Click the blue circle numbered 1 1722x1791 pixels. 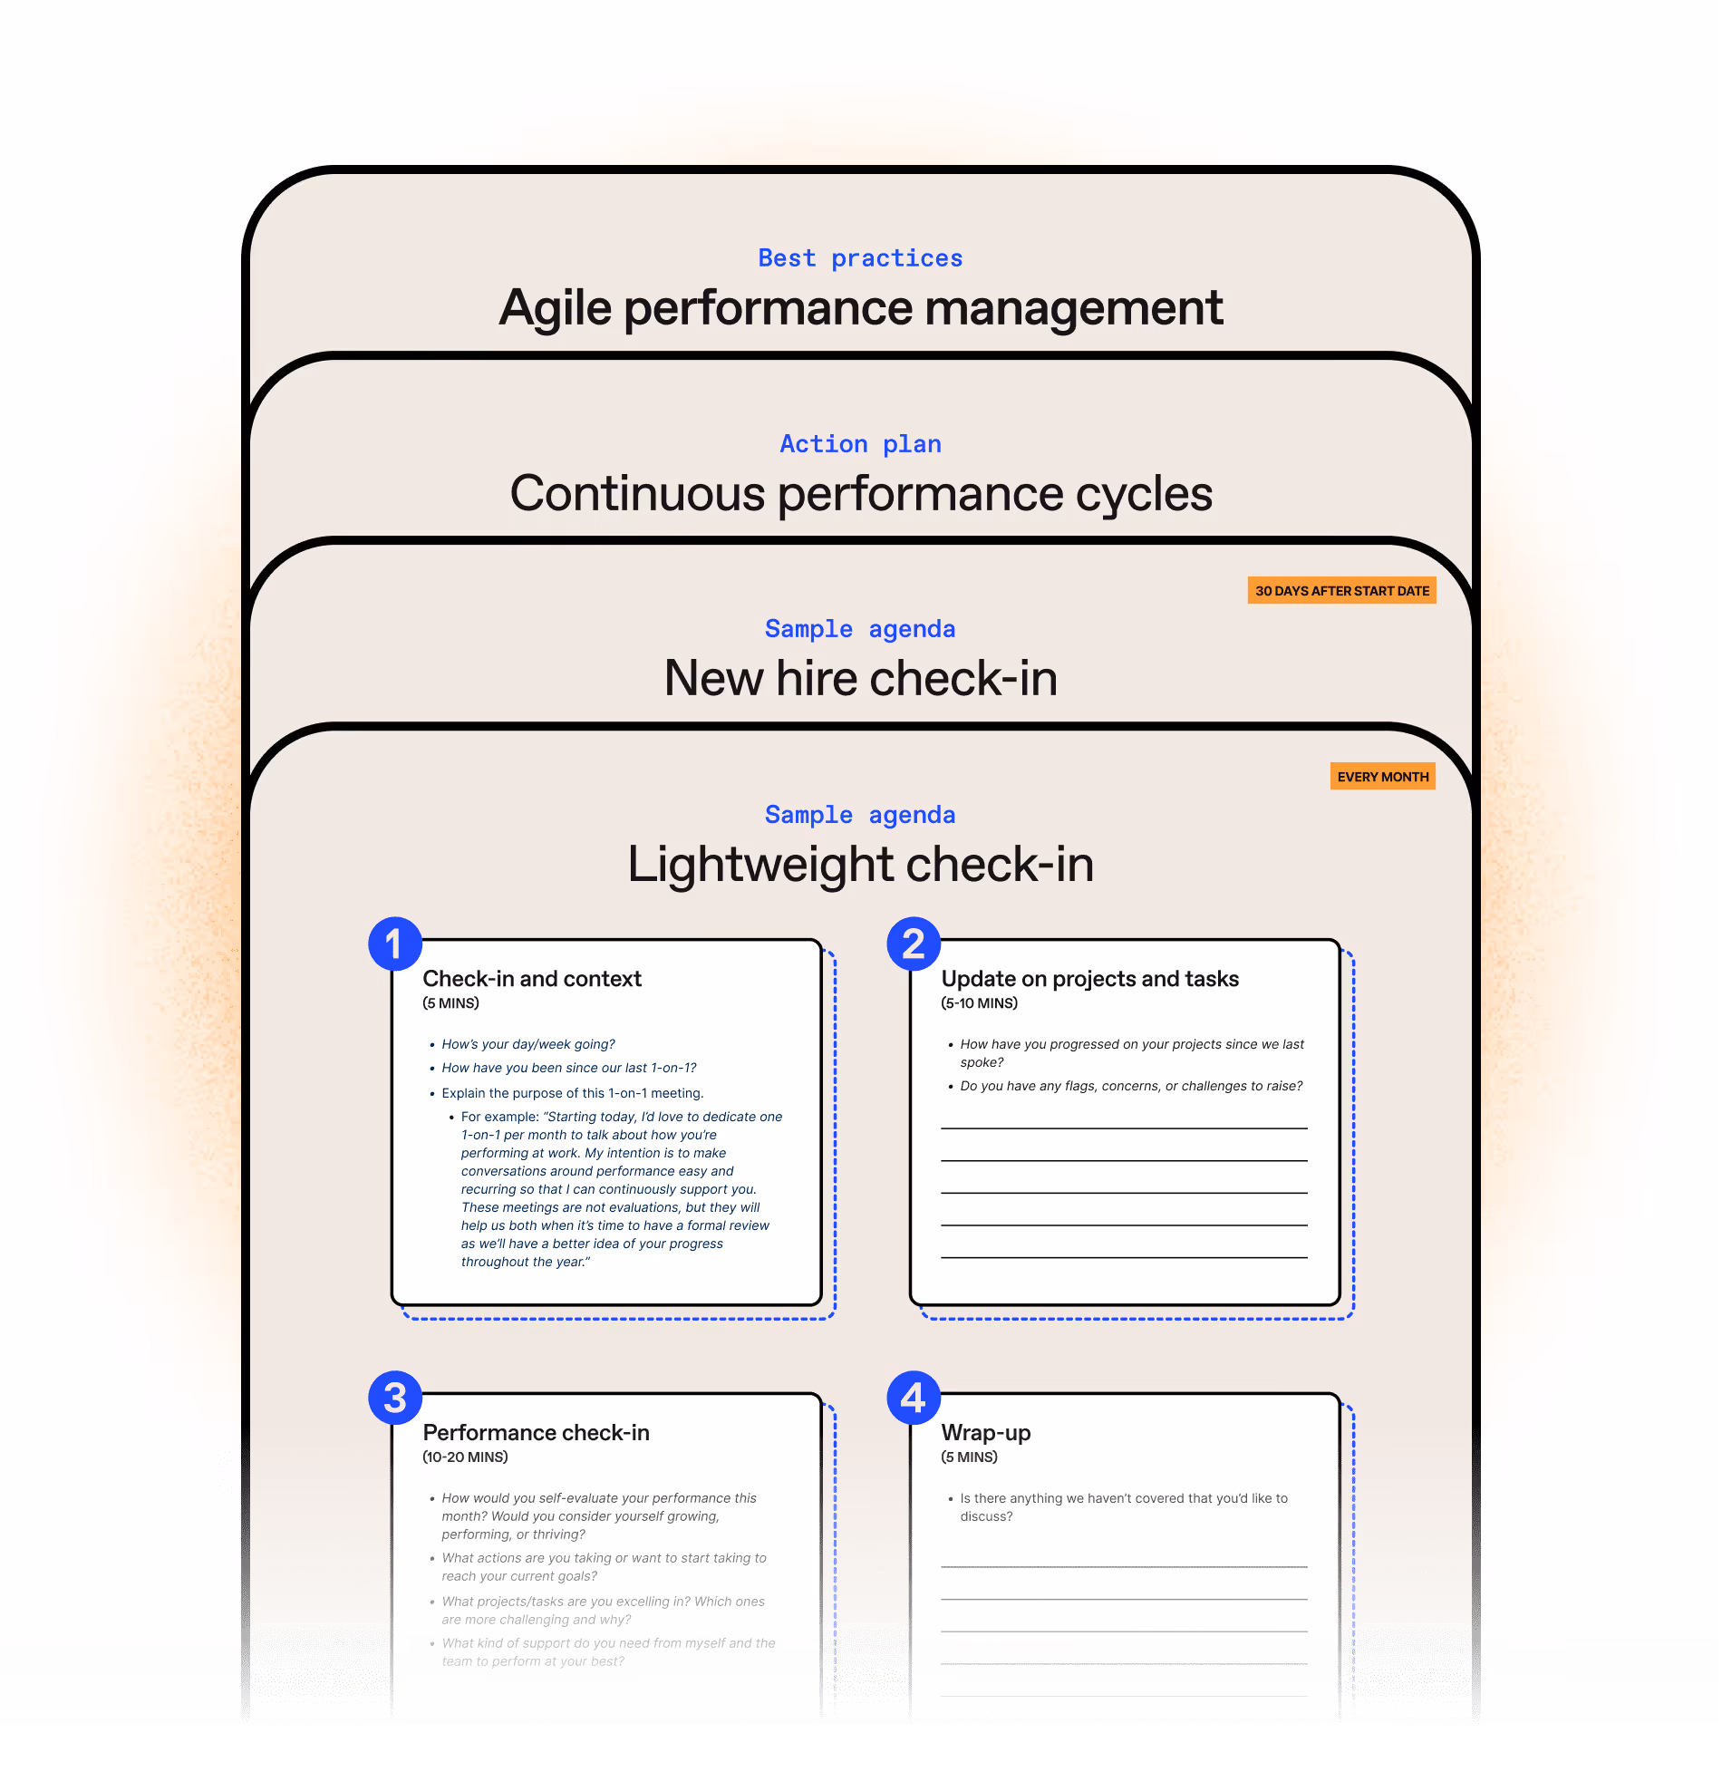393,944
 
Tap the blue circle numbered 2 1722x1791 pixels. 913,944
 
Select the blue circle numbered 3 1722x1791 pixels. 393,1397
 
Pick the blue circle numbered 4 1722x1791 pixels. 913,1397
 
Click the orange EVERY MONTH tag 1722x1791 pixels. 1382,777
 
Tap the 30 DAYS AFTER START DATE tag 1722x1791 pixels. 1341,590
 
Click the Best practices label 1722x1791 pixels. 859,258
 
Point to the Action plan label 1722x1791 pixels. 859,444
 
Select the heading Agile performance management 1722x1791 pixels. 859,308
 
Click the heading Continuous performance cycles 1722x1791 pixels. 859,493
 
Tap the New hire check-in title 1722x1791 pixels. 859,679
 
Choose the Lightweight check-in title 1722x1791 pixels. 859,865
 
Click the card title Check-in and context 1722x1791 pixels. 532,979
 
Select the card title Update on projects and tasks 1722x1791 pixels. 1088,979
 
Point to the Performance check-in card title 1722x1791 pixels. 536,1433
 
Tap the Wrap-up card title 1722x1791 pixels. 985,1433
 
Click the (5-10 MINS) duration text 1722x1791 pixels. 979,1003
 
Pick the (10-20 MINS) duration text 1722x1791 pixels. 464,1457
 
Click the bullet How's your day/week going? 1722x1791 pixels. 528,1044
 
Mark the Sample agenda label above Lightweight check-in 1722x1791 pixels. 859,815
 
